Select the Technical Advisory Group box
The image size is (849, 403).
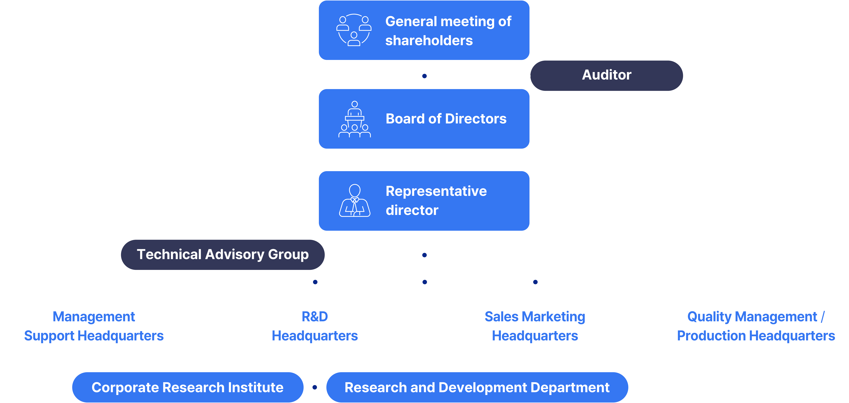click(x=222, y=254)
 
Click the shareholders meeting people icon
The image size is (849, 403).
click(x=354, y=30)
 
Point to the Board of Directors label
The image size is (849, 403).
click(x=446, y=118)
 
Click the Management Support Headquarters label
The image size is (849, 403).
click(x=94, y=326)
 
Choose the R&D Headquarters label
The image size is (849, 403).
click(x=315, y=326)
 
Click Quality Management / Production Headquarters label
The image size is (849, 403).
click(x=756, y=326)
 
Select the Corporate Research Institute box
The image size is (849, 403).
click(x=187, y=387)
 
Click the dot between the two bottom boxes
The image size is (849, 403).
click(x=315, y=387)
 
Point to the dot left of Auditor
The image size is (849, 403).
click(x=425, y=76)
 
